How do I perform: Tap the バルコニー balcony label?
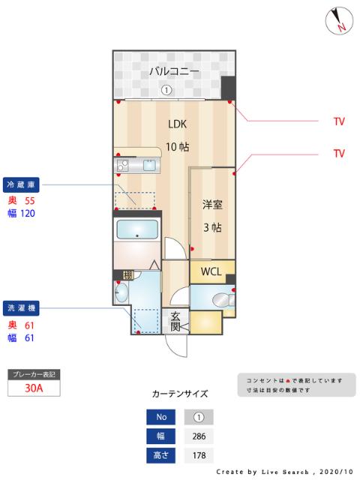click(x=173, y=72)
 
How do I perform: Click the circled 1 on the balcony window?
click(x=166, y=90)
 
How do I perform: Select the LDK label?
click(x=177, y=124)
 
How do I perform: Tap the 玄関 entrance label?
click(x=175, y=321)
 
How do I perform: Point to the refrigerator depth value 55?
click(x=30, y=201)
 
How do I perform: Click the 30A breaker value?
click(x=33, y=388)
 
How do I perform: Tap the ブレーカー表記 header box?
click(x=33, y=373)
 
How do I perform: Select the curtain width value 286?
click(x=199, y=436)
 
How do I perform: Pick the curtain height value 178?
click(x=199, y=454)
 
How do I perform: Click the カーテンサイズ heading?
click(x=180, y=393)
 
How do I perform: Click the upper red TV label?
click(x=339, y=120)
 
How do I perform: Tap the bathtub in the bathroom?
click(x=136, y=231)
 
